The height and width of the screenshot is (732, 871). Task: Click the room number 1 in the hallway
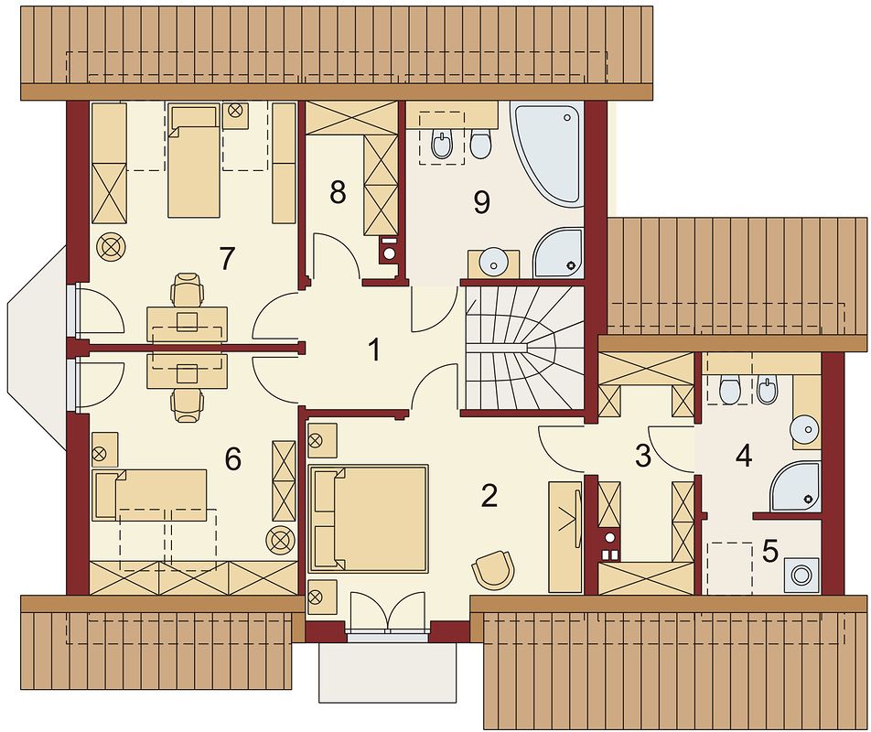[x=375, y=350]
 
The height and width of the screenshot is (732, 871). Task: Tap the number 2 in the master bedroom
[x=489, y=496]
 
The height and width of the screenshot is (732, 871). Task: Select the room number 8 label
[x=338, y=193]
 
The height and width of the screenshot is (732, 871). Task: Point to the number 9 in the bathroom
[x=481, y=202]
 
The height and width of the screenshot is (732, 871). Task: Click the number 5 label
[x=770, y=551]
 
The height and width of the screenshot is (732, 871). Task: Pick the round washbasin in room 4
[x=805, y=429]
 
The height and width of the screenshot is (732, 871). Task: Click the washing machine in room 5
[x=801, y=576]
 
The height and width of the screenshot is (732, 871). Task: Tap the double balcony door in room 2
[x=388, y=612]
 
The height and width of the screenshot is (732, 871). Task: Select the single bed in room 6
[x=151, y=495]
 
